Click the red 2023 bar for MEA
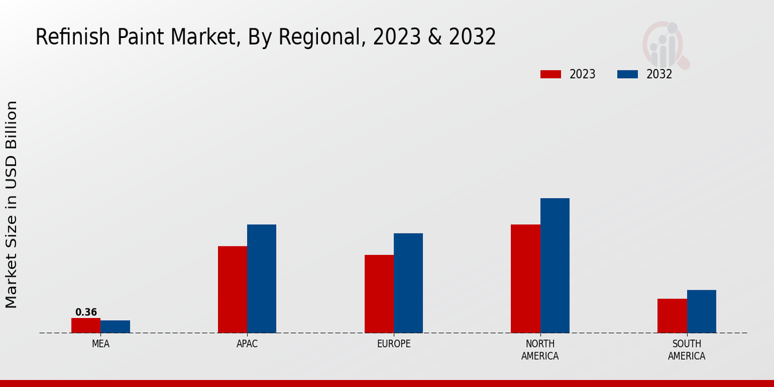point(86,326)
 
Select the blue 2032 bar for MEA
point(115,327)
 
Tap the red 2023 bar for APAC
point(232,290)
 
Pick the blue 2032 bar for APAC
point(261,279)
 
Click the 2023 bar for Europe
point(379,294)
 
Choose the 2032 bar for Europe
point(408,283)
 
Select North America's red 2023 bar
point(525,279)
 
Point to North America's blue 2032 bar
point(555,266)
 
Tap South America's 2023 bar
point(672,316)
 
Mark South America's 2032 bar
point(701,312)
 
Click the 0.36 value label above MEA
point(86,312)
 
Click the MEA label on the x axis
point(101,344)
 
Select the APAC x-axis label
point(247,344)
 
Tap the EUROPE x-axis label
point(393,344)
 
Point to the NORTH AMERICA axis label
point(540,350)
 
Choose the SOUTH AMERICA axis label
point(686,350)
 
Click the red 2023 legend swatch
point(551,74)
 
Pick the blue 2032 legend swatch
point(628,74)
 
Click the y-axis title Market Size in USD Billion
point(12,204)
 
